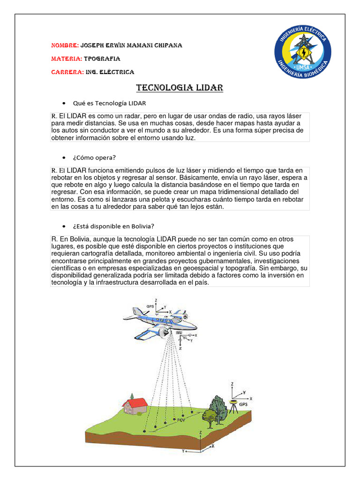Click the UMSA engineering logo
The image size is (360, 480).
(302, 52)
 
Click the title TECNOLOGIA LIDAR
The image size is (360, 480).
(180, 88)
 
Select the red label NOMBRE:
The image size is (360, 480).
(64, 45)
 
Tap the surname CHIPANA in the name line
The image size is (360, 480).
(166, 45)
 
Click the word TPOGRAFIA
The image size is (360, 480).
(102, 59)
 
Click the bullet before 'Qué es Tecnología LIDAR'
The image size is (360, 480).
(63, 103)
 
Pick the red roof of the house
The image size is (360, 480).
(135, 402)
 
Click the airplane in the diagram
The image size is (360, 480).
(162, 321)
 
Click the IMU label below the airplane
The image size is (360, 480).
(179, 333)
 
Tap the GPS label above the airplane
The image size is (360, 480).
(150, 306)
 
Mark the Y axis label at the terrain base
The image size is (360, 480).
(183, 452)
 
